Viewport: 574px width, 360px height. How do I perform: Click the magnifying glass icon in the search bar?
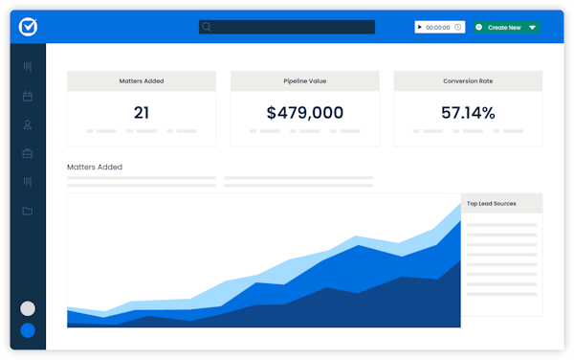pos(207,27)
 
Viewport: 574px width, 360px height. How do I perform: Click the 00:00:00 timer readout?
pos(437,28)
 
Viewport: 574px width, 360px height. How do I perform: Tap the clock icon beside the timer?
pos(457,28)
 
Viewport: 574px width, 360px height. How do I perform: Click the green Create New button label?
pos(503,28)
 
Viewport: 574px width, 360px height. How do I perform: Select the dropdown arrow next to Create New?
pos(532,28)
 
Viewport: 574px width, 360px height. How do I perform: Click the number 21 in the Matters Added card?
pos(142,113)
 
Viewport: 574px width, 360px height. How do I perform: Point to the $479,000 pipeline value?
pos(304,113)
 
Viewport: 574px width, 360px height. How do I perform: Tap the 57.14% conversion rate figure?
pos(468,113)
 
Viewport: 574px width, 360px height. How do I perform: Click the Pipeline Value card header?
pos(304,81)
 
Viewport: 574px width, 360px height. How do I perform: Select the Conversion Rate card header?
pos(468,81)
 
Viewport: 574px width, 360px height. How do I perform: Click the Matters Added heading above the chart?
pos(95,167)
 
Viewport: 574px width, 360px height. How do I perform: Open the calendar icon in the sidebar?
pos(28,96)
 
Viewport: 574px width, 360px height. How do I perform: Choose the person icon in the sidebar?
pos(28,124)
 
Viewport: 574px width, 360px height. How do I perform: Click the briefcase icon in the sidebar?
pos(28,153)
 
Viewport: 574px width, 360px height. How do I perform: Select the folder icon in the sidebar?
pos(28,211)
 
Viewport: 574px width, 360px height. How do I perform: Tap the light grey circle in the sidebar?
pos(28,308)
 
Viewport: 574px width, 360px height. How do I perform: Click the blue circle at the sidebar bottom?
pos(28,330)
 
